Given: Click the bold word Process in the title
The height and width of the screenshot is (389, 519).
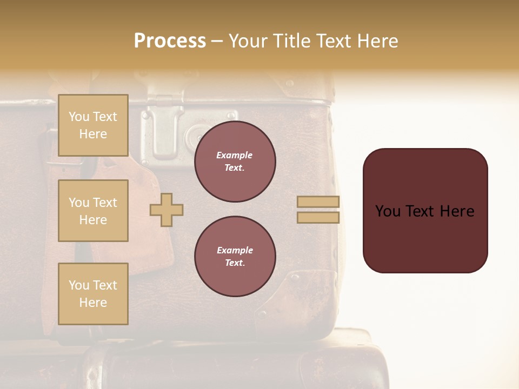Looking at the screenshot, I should [x=170, y=41].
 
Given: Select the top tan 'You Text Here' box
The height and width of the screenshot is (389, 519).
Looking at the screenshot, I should [x=93, y=125].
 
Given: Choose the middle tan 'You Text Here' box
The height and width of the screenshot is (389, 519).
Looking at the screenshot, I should [x=93, y=211].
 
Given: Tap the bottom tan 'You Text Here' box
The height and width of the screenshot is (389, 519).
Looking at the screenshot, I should [x=93, y=294].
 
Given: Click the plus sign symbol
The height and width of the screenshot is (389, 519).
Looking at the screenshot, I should [x=167, y=210].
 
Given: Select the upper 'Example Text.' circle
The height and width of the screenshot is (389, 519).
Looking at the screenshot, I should [x=235, y=162].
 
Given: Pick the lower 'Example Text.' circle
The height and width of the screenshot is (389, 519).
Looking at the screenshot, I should [x=235, y=257].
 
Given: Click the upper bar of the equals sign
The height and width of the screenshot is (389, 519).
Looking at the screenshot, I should [x=318, y=202].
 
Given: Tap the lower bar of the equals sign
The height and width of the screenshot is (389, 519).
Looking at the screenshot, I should [x=318, y=217].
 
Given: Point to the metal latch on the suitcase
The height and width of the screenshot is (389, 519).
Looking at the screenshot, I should [x=161, y=127].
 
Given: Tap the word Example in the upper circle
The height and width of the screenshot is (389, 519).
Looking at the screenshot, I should [x=235, y=156].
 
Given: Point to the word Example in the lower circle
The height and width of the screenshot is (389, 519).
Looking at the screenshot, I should [x=235, y=251].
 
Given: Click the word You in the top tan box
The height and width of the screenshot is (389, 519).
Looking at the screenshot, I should [x=79, y=117].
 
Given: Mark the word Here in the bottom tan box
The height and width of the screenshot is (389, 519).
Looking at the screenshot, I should [x=93, y=303].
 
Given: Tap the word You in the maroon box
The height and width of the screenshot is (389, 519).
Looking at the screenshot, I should [x=388, y=211].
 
